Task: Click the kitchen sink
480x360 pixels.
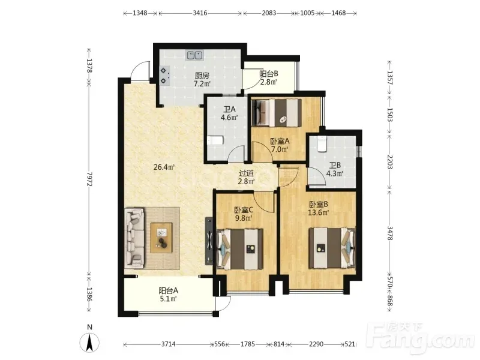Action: coord(194,55)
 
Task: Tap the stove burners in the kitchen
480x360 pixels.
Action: coord(164,76)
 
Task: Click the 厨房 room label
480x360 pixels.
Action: coord(202,75)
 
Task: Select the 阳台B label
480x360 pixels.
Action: coord(268,74)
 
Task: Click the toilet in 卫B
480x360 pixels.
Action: coord(322,144)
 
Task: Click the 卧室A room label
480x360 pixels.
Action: coord(280,141)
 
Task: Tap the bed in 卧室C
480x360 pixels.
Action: coord(239,249)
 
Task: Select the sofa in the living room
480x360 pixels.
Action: coord(134,236)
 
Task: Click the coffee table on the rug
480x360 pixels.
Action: coord(161,238)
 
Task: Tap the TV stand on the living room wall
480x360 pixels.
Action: coord(209,241)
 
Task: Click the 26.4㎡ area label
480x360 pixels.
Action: coord(164,167)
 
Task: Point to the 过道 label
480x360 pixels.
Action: coord(246,173)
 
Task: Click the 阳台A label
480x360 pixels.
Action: coord(168,290)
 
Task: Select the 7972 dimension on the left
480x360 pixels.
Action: coord(89,179)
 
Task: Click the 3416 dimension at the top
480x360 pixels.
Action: coord(200,13)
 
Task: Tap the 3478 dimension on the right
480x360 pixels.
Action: coord(389,233)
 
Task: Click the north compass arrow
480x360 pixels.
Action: coord(89,342)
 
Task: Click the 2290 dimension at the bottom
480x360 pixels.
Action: coord(316,344)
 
